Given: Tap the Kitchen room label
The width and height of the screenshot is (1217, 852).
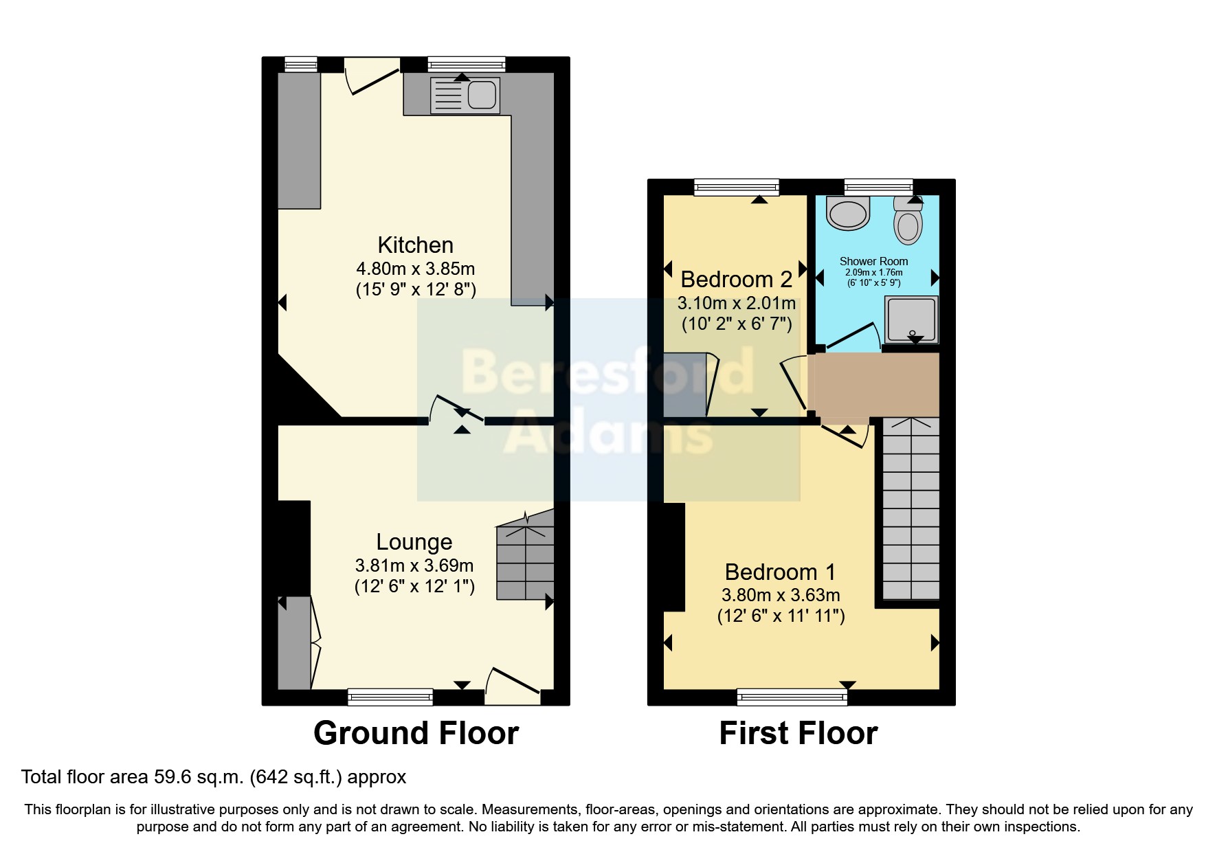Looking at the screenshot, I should tap(415, 245).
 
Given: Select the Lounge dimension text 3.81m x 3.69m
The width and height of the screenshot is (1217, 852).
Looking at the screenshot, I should tap(414, 565).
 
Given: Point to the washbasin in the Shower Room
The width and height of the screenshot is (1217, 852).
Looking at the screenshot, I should tap(849, 212).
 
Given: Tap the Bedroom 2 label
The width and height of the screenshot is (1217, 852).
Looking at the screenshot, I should tap(736, 280).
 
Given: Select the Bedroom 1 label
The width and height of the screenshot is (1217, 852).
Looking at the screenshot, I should tap(780, 572).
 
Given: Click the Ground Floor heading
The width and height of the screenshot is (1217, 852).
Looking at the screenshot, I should tap(416, 733).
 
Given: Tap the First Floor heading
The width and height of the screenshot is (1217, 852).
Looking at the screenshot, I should tap(798, 733).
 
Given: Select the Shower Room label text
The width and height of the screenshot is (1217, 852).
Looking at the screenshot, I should tap(873, 261).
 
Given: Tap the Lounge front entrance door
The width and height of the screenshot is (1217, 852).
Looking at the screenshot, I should tap(513, 684).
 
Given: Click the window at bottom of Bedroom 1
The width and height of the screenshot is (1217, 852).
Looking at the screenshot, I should tap(792, 698).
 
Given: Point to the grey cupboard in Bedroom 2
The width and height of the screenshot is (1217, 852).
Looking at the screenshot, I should tap(685, 385).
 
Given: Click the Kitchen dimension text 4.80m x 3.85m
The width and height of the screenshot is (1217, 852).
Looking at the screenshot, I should tap(415, 269).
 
